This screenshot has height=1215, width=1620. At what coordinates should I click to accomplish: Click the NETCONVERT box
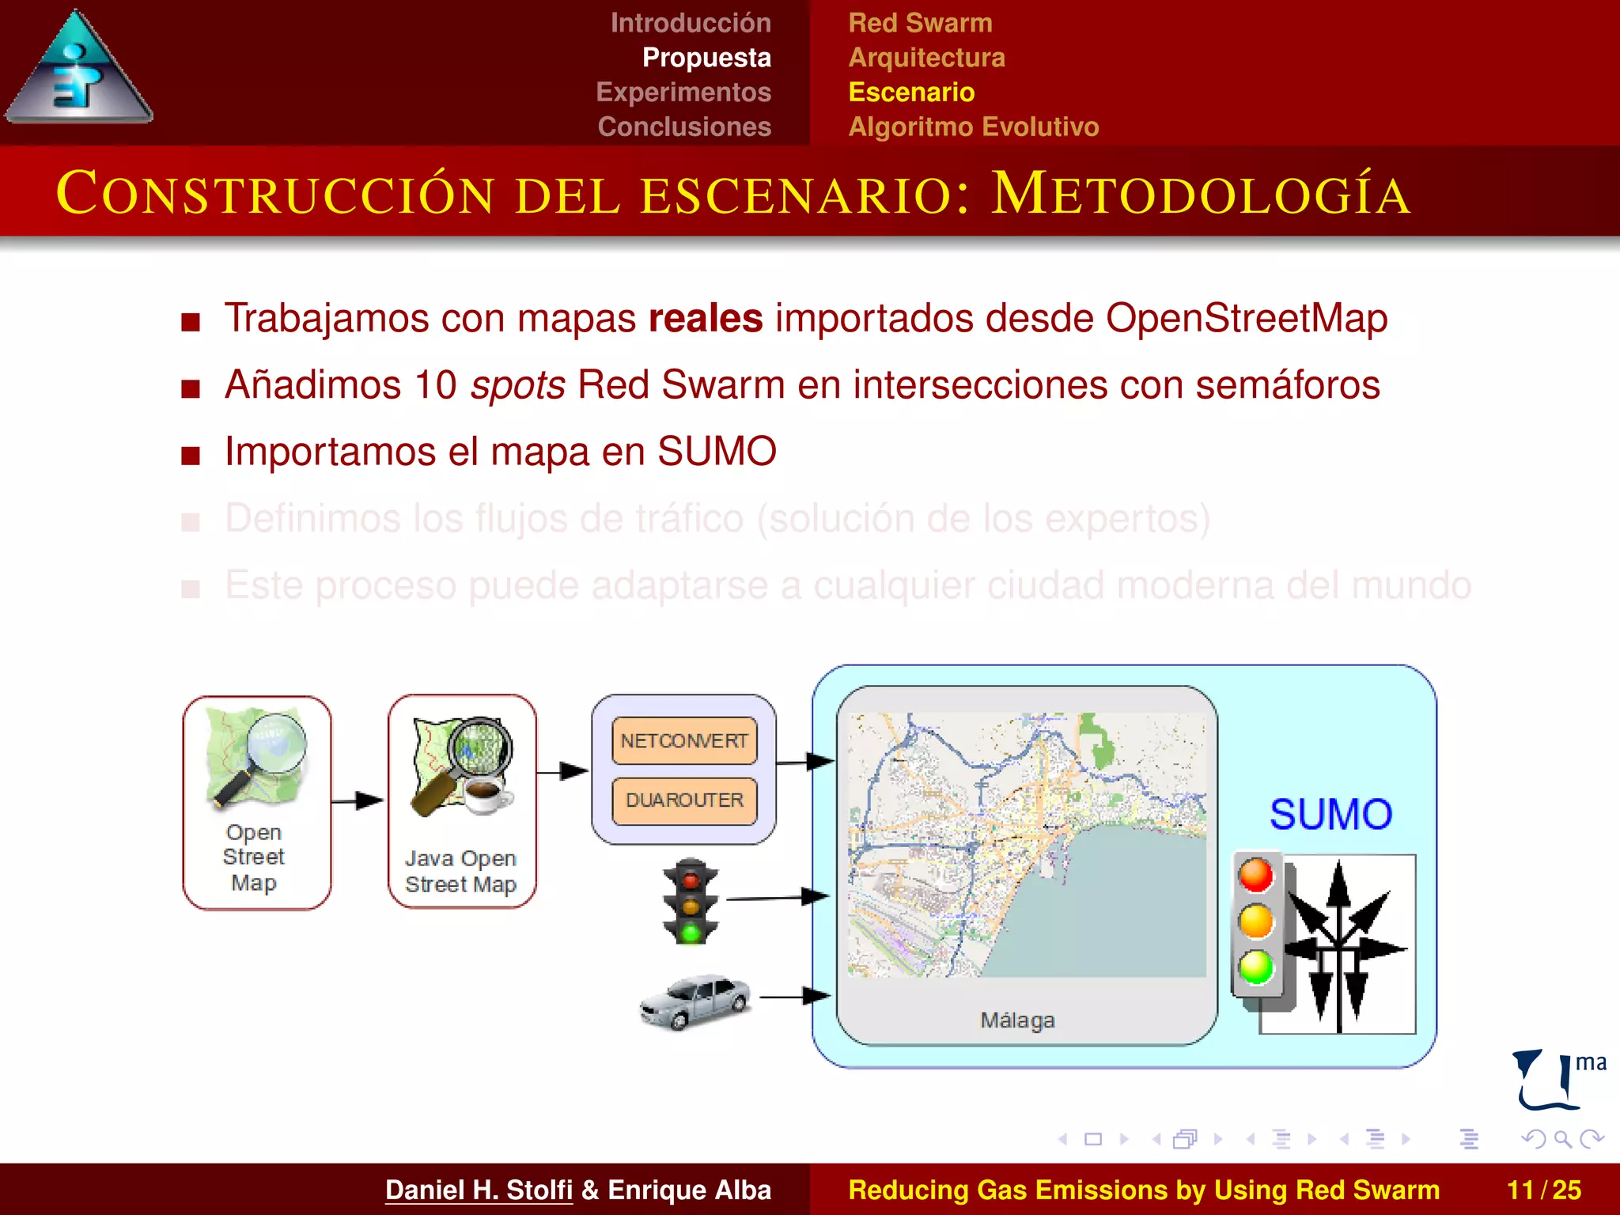[x=684, y=741]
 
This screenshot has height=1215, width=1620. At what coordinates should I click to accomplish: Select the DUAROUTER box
[x=684, y=801]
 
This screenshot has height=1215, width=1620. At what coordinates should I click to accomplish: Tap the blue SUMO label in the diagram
[x=1331, y=815]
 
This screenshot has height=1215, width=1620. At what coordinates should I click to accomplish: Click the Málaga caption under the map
[x=1017, y=1020]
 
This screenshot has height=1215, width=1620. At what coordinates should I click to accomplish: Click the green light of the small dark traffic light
[x=691, y=933]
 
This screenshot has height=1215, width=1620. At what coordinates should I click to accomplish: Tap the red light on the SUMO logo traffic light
[x=1256, y=875]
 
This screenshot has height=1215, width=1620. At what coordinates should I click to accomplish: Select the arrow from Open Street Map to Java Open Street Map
[x=358, y=801]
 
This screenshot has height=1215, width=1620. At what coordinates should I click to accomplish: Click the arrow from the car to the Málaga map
[x=795, y=997]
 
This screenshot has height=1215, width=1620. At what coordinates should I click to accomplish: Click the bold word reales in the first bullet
[x=706, y=319]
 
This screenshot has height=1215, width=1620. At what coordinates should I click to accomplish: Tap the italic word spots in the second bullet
[x=517, y=385]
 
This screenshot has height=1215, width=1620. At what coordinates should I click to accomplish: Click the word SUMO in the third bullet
[x=717, y=452]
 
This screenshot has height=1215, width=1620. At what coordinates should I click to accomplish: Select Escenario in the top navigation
[x=911, y=93]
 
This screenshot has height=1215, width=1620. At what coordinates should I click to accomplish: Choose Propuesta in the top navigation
[x=706, y=58]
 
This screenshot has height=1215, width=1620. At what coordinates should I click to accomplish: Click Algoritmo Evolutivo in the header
[x=974, y=127]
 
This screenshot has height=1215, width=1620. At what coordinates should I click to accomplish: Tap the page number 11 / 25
[x=1543, y=1190]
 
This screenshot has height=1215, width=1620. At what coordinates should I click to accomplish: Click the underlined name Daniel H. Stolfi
[x=479, y=1190]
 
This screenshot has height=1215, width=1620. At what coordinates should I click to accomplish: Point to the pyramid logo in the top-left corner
[x=78, y=71]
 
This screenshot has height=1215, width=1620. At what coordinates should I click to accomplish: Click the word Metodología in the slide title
[x=1201, y=195]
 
